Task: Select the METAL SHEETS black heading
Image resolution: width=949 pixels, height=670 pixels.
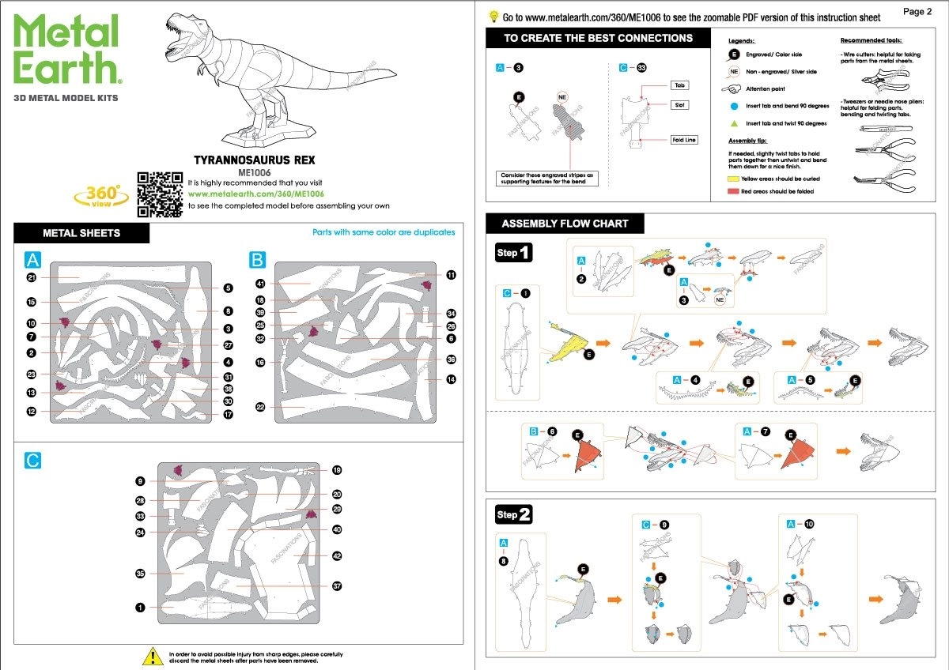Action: click(81, 233)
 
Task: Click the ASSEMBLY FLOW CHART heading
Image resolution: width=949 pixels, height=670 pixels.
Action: click(565, 224)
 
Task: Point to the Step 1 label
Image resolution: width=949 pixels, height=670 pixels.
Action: click(514, 253)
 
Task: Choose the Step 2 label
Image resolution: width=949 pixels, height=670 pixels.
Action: click(514, 515)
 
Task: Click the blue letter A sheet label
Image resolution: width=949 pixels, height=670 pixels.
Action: click(32, 260)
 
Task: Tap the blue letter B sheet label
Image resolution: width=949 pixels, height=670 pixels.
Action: click(257, 260)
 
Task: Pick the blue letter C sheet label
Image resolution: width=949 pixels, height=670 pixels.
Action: click(32, 460)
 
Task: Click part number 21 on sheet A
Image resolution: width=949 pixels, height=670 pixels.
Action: click(32, 278)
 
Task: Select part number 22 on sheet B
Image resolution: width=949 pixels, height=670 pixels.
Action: click(259, 407)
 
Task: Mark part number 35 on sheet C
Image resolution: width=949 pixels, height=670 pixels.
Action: click(140, 574)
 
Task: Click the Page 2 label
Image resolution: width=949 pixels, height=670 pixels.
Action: click(918, 12)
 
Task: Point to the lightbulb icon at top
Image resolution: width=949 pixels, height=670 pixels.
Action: click(493, 16)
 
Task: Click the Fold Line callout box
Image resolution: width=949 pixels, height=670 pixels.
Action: click(684, 140)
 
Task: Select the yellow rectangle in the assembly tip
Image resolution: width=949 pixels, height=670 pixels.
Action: click(733, 179)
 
